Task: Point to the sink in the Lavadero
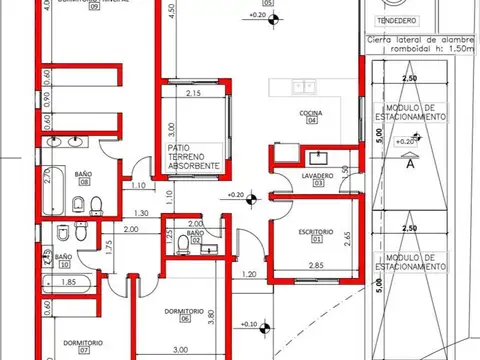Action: coord(320,157)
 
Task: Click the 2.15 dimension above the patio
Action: coord(194,93)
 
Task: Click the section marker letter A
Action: coord(410,165)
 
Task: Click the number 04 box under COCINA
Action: coord(311,123)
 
